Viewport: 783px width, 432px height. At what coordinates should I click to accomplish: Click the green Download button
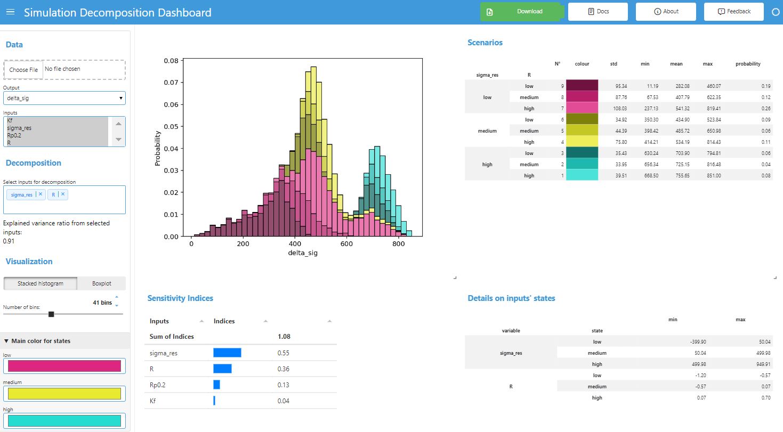click(x=521, y=12)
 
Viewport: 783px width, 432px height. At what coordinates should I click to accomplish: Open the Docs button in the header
click(x=598, y=12)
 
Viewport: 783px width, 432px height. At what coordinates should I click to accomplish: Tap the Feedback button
click(x=733, y=12)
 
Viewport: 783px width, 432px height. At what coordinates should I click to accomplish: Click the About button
click(x=666, y=12)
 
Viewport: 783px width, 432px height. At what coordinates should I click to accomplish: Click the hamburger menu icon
click(x=10, y=12)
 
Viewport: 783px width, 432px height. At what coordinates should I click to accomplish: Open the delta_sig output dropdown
click(x=64, y=98)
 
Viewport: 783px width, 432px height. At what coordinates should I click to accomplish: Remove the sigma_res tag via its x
click(x=40, y=195)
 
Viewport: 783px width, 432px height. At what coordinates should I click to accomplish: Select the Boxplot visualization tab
click(x=101, y=283)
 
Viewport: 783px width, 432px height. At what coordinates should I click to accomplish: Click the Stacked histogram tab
click(x=41, y=283)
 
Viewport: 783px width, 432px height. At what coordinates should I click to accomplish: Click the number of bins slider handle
click(x=51, y=314)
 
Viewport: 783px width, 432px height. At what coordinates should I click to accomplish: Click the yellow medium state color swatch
click(x=64, y=394)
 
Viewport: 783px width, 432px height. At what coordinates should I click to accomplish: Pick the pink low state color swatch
click(x=64, y=366)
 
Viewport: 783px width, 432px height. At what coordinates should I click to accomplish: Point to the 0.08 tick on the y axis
click(x=171, y=61)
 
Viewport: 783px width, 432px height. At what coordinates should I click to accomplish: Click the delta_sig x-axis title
click(x=302, y=253)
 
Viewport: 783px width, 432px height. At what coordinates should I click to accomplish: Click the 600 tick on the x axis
click(x=346, y=242)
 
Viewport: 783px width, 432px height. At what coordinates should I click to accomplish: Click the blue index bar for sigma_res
click(x=227, y=353)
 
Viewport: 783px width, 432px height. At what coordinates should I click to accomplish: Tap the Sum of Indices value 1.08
click(x=284, y=337)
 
